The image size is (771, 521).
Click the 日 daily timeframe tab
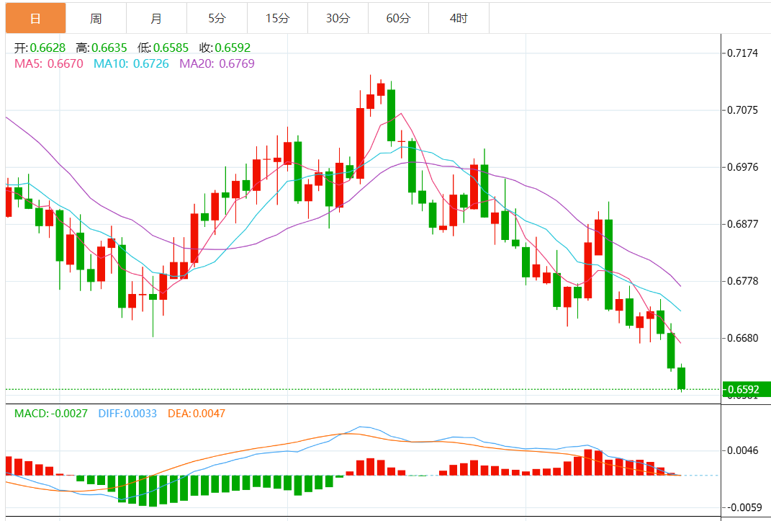pos(35,18)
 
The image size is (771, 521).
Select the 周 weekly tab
pos(96,18)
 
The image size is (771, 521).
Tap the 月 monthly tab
pos(156,18)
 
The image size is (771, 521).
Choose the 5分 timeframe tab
pos(217,18)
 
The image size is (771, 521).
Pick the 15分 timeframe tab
pos(276,18)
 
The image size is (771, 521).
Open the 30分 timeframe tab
pos(337,18)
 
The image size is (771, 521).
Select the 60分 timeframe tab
pos(397,18)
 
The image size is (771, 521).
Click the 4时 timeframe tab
pos(458,18)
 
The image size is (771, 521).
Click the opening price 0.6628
pos(48,48)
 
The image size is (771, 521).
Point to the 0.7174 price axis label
pos(742,53)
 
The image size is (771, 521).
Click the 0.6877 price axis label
pos(742,224)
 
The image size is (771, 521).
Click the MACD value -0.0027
pos(69,414)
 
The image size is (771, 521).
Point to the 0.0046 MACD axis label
pos(742,450)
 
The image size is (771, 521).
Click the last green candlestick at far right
pos(681,378)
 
